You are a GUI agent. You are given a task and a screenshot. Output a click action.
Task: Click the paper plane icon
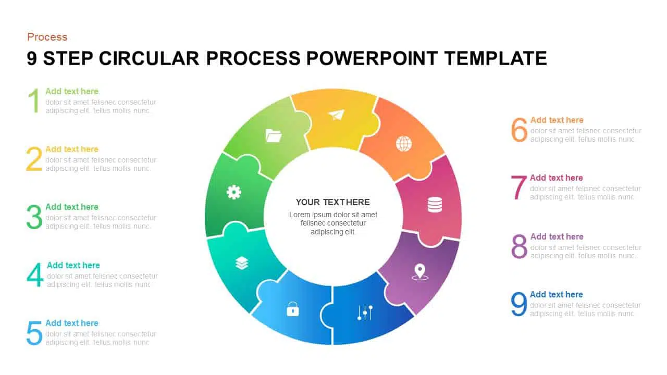point(337,115)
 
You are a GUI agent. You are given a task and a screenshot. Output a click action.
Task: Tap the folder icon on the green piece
point(274,136)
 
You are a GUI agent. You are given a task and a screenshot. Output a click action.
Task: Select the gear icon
point(234,192)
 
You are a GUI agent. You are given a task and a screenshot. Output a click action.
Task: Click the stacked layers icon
point(242,263)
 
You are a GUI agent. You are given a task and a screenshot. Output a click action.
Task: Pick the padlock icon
point(293,309)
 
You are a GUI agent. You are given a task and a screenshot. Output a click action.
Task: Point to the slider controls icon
point(365,312)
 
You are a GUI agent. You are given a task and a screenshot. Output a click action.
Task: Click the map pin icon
point(420,272)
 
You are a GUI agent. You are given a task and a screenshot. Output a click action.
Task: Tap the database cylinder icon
point(435,205)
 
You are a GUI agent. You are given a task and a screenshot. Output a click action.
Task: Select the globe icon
point(404,143)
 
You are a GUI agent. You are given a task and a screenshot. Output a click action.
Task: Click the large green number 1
point(34,101)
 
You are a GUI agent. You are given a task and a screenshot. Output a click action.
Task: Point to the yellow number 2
point(34,159)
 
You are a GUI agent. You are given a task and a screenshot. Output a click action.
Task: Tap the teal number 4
point(35,274)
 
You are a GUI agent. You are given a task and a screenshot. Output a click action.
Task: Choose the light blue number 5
point(34,333)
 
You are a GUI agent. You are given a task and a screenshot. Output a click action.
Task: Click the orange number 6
point(520,130)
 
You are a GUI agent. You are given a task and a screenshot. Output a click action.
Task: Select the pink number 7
point(518,187)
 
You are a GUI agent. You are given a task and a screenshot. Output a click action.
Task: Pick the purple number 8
point(520,246)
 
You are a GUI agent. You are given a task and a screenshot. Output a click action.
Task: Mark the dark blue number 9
point(519,304)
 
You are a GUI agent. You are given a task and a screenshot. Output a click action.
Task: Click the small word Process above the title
point(47,37)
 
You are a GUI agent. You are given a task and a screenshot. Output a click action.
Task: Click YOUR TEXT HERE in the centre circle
point(333,202)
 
